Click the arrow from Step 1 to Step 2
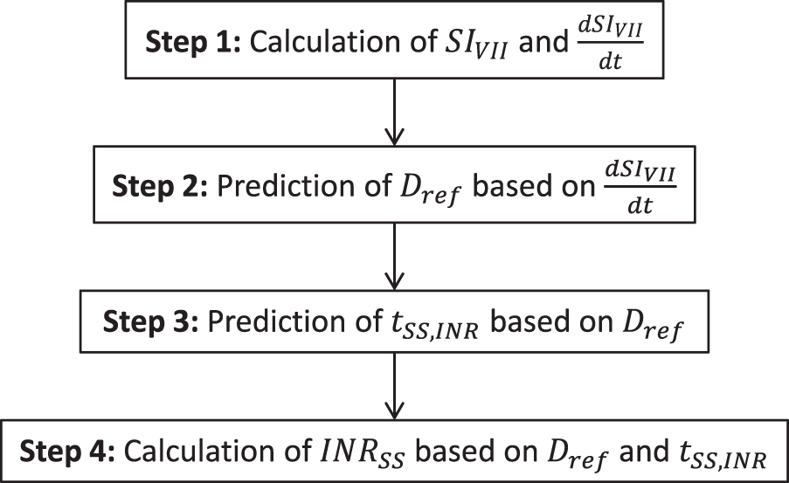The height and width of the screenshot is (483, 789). (x=394, y=108)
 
